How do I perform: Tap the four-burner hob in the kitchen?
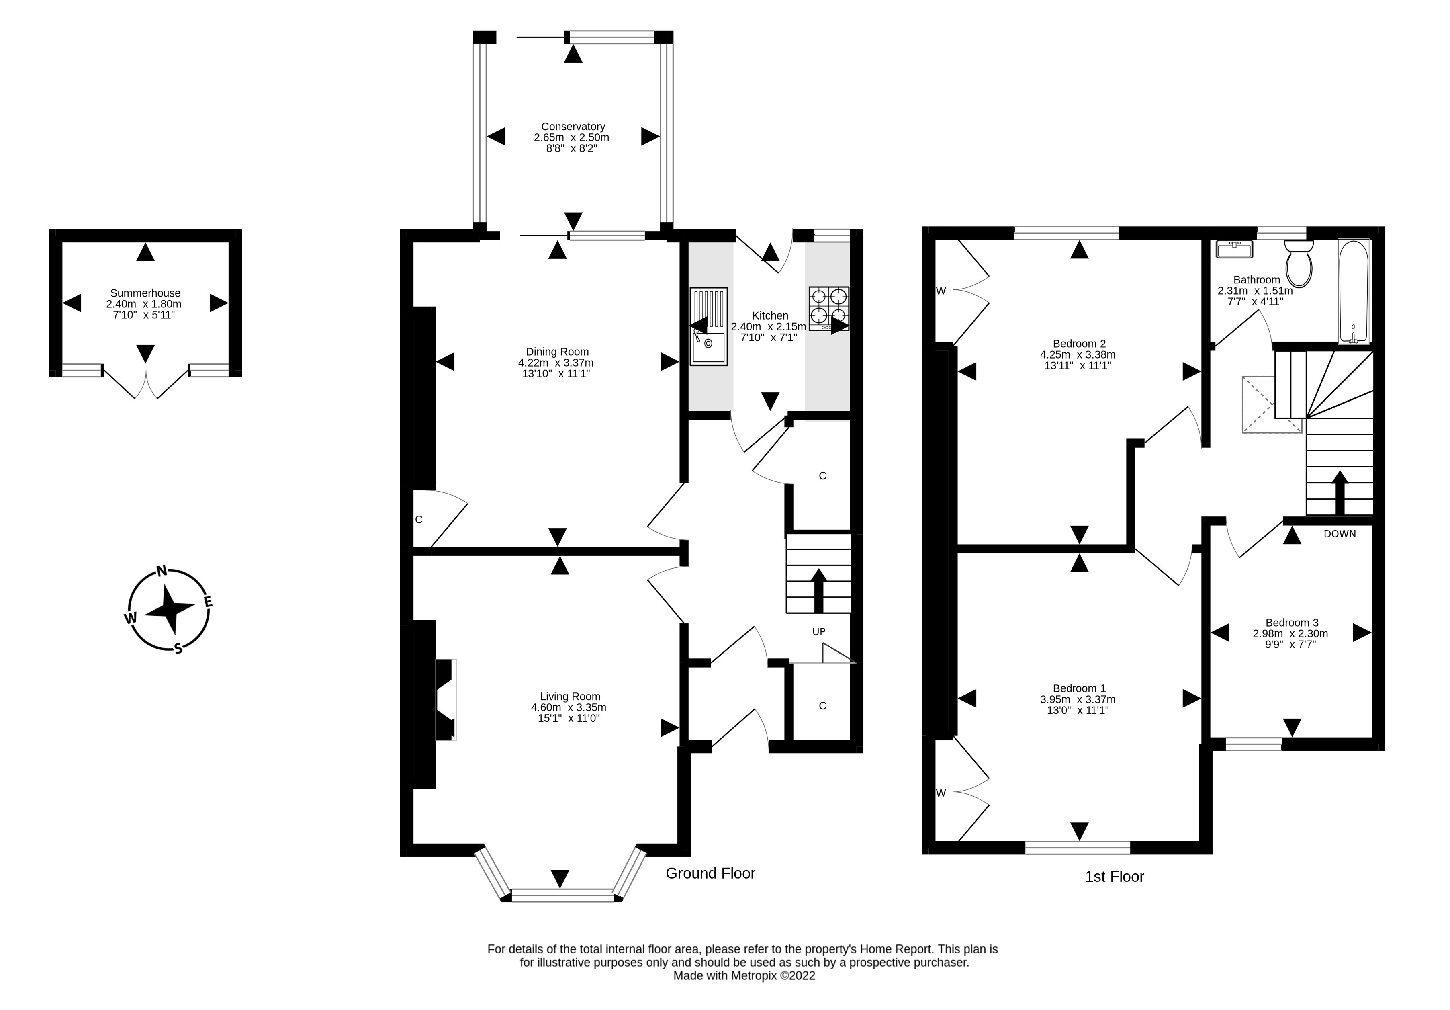click(x=829, y=308)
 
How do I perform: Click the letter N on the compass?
click(x=162, y=571)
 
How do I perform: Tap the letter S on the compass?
click(x=179, y=648)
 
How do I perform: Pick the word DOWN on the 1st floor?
click(x=1340, y=534)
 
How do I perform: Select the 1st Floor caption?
click(x=1115, y=877)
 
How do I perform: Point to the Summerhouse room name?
click(x=145, y=293)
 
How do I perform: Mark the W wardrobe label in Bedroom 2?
click(x=941, y=291)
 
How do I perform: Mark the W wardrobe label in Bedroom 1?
click(x=941, y=793)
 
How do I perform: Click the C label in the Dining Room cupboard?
click(x=419, y=520)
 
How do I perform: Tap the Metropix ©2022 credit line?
click(x=744, y=976)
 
